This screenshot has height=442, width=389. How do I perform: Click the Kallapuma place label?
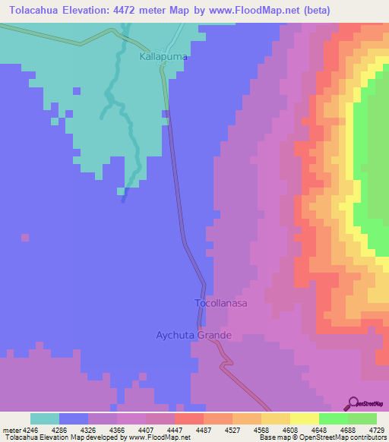coord(163,57)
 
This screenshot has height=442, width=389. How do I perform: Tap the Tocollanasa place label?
coord(221,302)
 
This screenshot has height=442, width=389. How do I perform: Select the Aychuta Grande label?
coord(193,335)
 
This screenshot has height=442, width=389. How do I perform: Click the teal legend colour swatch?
coord(45,418)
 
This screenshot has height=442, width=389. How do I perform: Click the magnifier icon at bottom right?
coord(352,404)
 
